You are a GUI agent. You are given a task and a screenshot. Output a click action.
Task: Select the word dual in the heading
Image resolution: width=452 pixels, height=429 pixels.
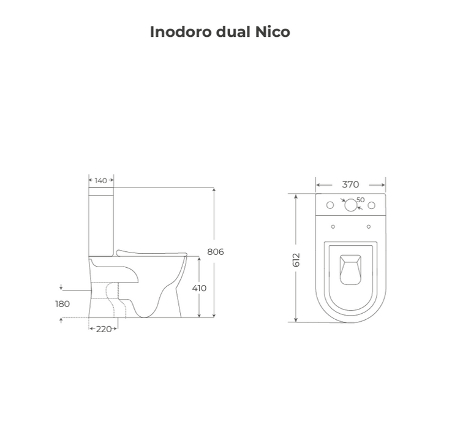point(232,32)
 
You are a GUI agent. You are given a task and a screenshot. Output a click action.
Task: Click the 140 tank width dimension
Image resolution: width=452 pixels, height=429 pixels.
point(101,180)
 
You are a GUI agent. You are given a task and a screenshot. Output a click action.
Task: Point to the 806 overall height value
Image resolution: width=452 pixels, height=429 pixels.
point(216,252)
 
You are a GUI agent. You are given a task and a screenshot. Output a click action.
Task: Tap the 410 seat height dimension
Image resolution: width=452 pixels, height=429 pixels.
point(199,288)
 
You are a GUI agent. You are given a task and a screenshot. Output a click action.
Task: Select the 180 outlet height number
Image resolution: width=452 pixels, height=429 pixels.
point(62,303)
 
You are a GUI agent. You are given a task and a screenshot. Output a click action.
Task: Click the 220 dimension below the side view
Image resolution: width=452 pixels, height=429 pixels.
point(104,329)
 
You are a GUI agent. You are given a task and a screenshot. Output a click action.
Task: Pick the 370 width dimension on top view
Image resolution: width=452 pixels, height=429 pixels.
point(350,184)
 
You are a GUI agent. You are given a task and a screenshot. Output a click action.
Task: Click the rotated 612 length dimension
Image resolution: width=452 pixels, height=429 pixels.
point(296,259)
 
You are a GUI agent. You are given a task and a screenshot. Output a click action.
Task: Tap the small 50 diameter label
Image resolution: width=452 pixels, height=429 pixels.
point(360,200)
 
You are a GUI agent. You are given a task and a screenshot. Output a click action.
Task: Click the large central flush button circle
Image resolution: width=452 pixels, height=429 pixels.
point(350,205)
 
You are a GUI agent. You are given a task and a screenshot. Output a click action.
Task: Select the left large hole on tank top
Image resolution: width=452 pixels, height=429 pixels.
point(330,205)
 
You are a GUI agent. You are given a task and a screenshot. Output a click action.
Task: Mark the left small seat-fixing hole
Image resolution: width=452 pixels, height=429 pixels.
point(333,227)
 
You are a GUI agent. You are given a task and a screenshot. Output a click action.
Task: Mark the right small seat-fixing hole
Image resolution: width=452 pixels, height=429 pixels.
point(369,227)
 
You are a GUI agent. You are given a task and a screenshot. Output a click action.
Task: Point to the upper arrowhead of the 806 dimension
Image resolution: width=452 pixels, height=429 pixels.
point(214,190)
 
